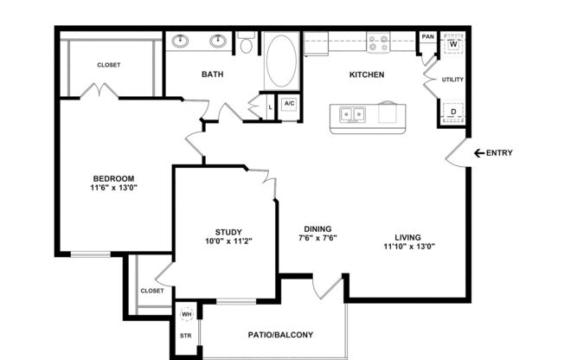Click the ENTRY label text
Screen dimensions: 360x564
pos(499,153)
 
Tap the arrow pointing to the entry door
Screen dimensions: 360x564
pos(478,153)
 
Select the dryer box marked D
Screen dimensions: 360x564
pos(453,112)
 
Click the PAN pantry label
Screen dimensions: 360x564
pos(427,37)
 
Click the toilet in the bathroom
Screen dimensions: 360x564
pos(246,44)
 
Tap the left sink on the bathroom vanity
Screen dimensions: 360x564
pos(182,40)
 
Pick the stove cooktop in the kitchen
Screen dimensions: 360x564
pos(377,41)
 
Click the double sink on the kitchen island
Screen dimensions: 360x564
pos(352,113)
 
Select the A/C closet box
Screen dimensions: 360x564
pos(289,104)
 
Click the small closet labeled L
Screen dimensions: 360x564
pos(271,105)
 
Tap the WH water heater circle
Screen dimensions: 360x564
pos(186,314)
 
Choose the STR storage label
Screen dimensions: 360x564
pos(185,335)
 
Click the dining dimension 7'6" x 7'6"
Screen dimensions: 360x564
pos(317,238)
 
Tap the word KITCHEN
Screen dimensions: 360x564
pos(366,74)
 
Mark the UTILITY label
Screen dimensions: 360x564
pos(452,80)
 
